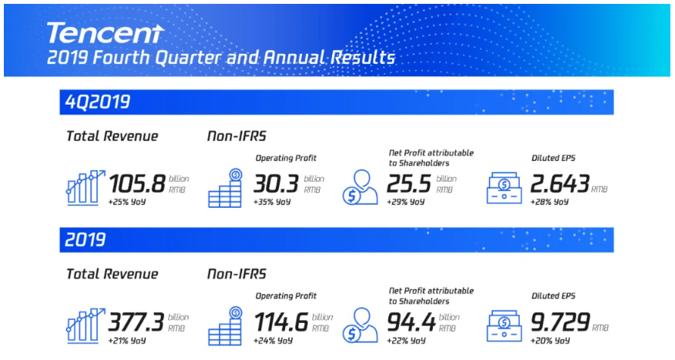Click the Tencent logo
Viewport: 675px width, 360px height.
tap(105, 33)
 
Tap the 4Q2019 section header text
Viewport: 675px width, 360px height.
tap(98, 102)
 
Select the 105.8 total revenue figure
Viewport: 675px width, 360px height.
tap(138, 184)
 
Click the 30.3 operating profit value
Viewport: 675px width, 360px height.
tap(276, 184)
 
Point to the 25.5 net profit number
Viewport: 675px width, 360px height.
tap(408, 184)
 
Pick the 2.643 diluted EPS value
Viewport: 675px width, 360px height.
tap(560, 184)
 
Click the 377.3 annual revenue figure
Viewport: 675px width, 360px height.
tap(136, 322)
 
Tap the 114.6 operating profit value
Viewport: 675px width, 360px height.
tap(281, 322)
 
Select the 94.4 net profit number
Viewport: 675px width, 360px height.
tap(411, 322)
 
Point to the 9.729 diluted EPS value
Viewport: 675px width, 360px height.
tap(560, 322)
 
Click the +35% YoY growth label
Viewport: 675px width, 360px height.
tap(272, 202)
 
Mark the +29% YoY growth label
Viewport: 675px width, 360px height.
tap(405, 202)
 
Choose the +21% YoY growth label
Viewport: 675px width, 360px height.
tap(127, 341)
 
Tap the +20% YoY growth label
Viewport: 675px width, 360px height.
tap(550, 341)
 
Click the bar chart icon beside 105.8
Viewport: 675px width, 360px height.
tap(85, 188)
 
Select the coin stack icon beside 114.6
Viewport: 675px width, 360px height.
tap(225, 326)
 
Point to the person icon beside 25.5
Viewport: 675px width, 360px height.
tap(361, 188)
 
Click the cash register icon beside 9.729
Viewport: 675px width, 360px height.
tap(504, 326)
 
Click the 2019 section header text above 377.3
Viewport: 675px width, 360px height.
tap(85, 240)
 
